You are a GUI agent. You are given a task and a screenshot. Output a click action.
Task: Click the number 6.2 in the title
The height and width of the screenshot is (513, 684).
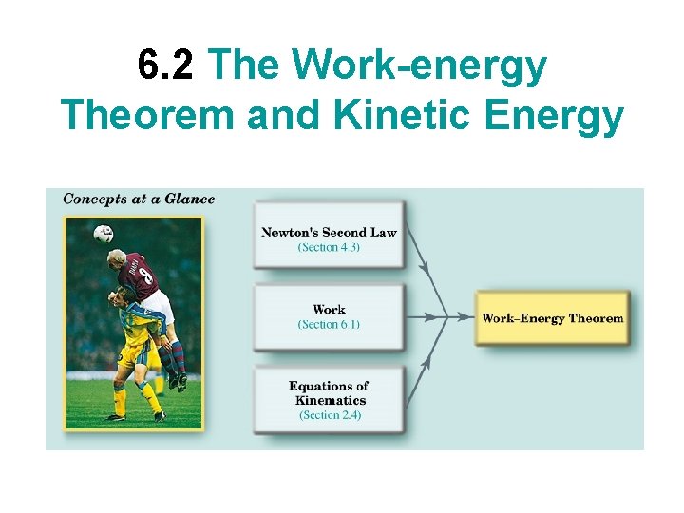point(165,66)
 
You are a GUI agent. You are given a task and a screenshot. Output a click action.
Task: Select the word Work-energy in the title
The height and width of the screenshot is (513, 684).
point(419,66)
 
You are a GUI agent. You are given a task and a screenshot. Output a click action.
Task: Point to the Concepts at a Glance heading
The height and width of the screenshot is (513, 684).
point(139,199)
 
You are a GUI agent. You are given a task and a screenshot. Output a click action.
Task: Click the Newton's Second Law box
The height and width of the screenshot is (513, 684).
point(329,235)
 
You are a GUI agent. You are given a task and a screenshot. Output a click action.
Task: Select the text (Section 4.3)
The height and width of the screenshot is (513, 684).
point(329,248)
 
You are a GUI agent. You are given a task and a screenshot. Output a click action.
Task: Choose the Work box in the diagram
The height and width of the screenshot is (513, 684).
point(329,315)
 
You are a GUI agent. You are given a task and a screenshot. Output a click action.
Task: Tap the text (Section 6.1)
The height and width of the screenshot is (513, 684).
point(329,325)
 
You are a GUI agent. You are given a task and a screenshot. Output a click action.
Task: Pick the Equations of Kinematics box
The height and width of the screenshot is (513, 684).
point(329,399)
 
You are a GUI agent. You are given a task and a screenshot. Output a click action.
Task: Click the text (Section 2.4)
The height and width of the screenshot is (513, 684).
point(330,415)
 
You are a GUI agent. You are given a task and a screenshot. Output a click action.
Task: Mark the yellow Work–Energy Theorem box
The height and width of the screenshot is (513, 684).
point(552,318)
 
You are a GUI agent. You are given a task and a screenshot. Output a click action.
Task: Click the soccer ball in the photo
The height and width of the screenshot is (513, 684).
point(104,233)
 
